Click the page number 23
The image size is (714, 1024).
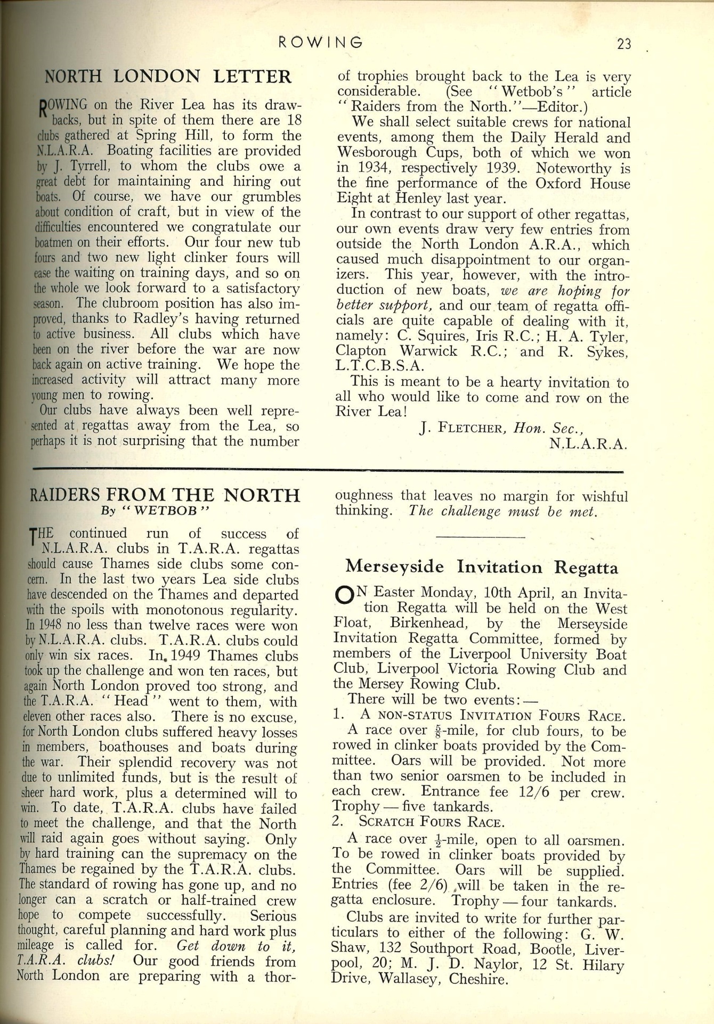pos(624,44)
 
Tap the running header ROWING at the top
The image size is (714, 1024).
pos(321,42)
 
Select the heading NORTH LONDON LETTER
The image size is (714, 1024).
pos(168,77)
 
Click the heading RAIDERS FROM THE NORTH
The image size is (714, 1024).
pos(164,495)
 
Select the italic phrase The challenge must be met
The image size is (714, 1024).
pos(502,511)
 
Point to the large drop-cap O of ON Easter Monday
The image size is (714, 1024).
pos(344,595)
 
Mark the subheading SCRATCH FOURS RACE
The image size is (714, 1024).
pos(431,822)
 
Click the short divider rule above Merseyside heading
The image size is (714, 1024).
pos(481,537)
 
